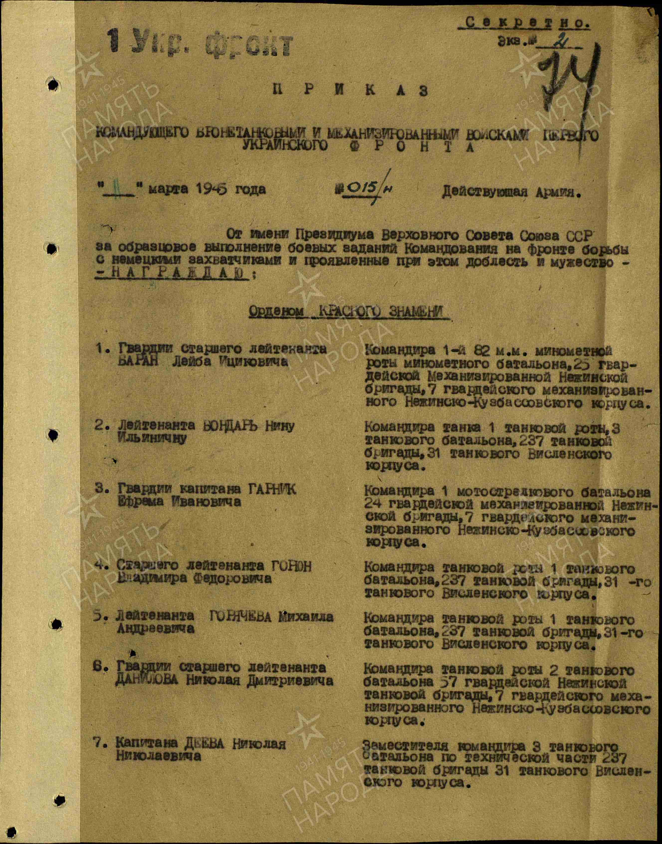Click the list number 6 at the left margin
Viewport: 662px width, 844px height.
[x=98, y=667]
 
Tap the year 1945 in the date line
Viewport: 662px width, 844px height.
[x=211, y=189]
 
